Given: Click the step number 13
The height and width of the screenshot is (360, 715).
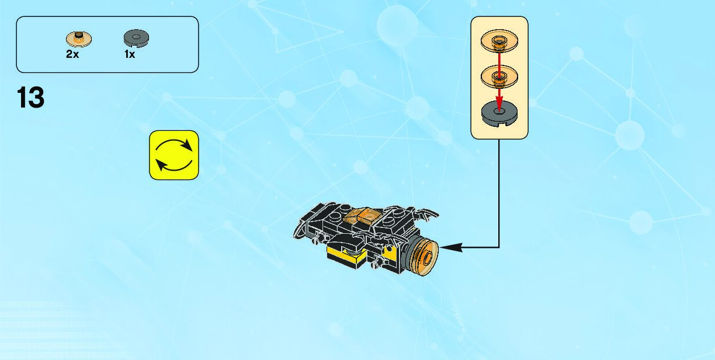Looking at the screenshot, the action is click(x=30, y=98).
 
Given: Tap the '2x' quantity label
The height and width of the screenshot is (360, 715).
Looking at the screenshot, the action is click(x=72, y=54).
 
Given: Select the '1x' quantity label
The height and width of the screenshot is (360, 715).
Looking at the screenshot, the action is click(x=130, y=54).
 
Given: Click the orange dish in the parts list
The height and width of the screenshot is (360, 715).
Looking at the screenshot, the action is click(x=78, y=39).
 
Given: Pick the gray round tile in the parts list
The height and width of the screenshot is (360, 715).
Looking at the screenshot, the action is click(x=136, y=39).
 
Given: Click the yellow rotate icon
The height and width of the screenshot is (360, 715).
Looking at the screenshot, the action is click(x=174, y=155).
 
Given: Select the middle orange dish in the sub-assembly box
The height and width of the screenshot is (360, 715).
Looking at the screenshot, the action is click(x=499, y=76).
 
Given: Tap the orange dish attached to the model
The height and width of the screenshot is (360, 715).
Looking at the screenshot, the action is click(x=427, y=257).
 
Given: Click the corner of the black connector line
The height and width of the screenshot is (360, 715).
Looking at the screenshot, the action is click(x=499, y=248).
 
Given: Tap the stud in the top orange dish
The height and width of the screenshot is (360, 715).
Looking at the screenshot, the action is click(x=499, y=39).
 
